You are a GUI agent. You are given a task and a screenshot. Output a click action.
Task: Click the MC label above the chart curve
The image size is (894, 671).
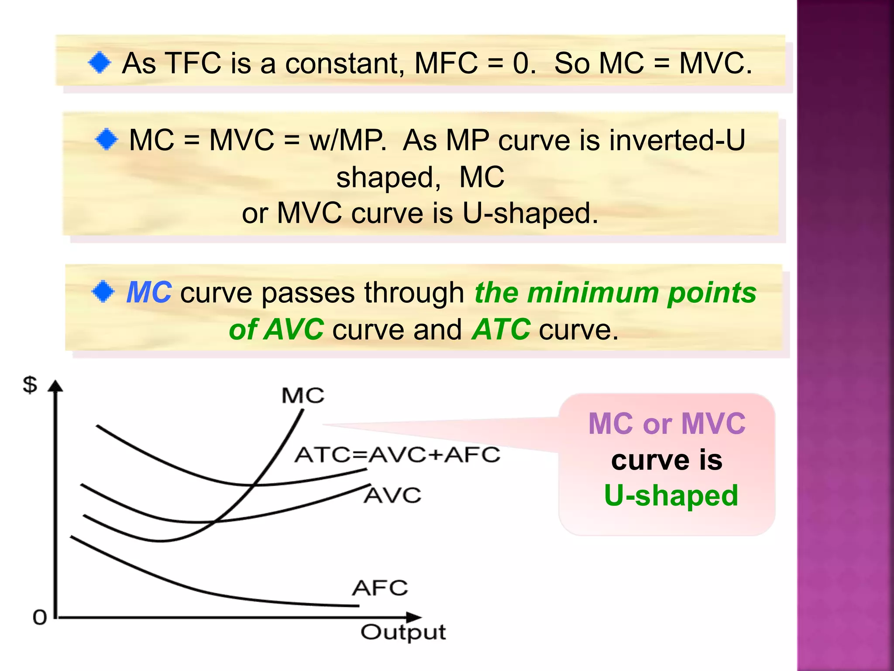[x=303, y=396]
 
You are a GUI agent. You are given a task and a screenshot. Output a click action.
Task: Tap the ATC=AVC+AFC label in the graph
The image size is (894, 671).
[x=397, y=455]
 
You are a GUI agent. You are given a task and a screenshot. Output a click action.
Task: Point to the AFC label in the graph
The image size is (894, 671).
[x=380, y=588]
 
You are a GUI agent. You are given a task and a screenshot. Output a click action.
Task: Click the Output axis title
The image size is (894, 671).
[x=403, y=633]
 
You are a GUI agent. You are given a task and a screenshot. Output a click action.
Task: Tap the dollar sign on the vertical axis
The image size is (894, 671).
[x=30, y=385]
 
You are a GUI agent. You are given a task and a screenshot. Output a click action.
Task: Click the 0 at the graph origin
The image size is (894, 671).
[x=40, y=618]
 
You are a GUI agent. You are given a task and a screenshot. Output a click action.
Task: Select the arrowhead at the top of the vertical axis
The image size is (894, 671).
[x=55, y=387]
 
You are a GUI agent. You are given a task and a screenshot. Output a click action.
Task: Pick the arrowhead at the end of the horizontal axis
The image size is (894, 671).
[x=414, y=617]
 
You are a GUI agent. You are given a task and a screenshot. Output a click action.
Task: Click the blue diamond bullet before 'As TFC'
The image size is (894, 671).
[x=100, y=63]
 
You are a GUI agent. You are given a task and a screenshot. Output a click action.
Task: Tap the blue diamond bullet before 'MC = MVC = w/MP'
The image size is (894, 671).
[x=107, y=140]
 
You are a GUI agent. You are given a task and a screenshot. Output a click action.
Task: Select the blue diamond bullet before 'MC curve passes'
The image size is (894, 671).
[x=103, y=292]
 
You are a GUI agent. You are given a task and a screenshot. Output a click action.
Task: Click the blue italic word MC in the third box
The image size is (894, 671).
[x=149, y=292]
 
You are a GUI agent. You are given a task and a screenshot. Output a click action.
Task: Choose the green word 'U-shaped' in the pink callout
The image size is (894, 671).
[x=671, y=496]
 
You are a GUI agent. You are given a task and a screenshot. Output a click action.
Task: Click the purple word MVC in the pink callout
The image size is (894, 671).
[x=713, y=424]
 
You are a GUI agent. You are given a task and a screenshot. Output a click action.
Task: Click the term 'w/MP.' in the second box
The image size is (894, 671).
[x=348, y=141]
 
